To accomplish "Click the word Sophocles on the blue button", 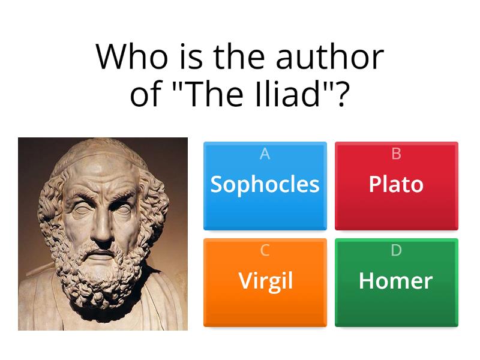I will click(265, 184).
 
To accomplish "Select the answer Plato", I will click(396, 184).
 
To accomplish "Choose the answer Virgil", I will click(265, 281).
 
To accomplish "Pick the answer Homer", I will click(396, 281).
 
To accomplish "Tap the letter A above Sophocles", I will click(265, 154).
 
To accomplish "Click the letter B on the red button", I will click(396, 154).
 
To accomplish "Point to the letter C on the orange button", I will click(265, 251).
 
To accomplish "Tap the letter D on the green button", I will click(396, 251).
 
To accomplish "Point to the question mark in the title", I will click(342, 94).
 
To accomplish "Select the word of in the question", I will click(144, 94).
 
